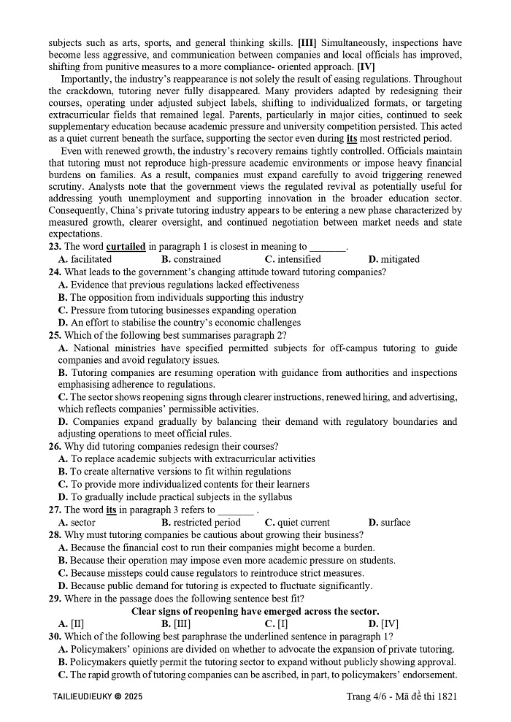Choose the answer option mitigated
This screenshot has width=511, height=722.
coord(394,259)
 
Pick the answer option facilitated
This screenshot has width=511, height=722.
coord(85,259)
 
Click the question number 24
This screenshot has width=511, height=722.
coord(55,272)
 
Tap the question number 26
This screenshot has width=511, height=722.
coord(55,446)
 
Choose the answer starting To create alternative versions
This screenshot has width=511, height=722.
coord(174,472)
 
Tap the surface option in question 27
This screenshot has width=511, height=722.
coord(389,523)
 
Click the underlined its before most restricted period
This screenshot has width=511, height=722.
coord(352,138)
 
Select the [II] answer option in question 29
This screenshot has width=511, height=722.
coord(72,624)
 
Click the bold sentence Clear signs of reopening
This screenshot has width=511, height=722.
coord(255,612)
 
